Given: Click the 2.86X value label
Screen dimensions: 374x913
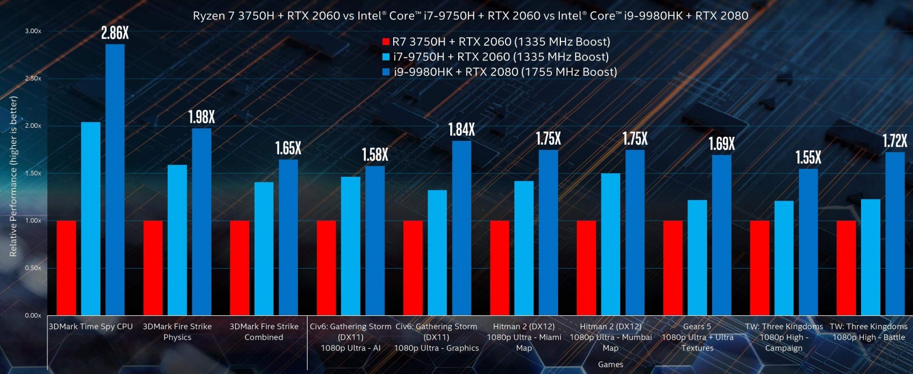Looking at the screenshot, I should click(115, 34).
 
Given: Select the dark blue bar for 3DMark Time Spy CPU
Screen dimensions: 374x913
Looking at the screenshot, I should click(115, 180).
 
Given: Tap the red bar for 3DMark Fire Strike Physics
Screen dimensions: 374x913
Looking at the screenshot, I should click(153, 268).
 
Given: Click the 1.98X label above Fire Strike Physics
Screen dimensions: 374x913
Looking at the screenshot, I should click(201, 117).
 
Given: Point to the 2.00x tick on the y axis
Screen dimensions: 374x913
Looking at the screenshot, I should click(33, 126).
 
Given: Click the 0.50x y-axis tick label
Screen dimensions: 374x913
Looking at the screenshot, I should click(33, 268).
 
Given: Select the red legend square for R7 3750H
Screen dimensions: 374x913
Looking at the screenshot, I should click(386, 42).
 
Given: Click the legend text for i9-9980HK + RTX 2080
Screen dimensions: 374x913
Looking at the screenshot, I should click(505, 72).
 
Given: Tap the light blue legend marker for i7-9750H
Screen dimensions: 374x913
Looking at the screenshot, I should click(386, 57).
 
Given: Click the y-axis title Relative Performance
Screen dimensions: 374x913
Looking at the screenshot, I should click(14, 176).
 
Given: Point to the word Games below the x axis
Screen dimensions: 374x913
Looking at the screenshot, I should click(611, 364).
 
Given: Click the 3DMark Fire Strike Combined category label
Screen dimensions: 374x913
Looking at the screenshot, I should click(264, 332).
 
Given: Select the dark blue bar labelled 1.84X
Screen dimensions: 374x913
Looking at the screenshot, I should click(462, 228).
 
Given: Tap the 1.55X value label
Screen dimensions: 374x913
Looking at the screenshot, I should click(808, 158).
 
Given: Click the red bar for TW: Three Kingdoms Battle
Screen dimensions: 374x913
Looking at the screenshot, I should click(846, 268).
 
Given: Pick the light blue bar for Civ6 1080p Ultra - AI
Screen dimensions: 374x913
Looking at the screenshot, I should click(350, 246).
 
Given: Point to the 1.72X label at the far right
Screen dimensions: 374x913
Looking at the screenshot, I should click(894, 141).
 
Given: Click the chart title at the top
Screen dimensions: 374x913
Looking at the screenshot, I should click(470, 16).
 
